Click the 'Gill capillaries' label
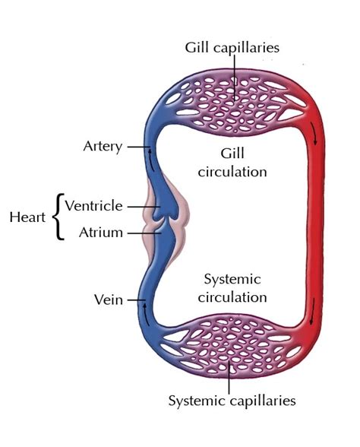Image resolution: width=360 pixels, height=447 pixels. click(232, 47)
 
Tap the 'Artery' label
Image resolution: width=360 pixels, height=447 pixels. click(102, 146)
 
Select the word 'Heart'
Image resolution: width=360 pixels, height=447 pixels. click(27, 217)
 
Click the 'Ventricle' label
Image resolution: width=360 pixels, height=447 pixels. click(93, 205)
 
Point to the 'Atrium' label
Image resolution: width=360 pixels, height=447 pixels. click(100, 233)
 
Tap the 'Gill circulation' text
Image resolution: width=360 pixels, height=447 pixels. click(232, 162)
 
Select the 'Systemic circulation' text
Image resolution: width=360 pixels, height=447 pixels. click(232, 288)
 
